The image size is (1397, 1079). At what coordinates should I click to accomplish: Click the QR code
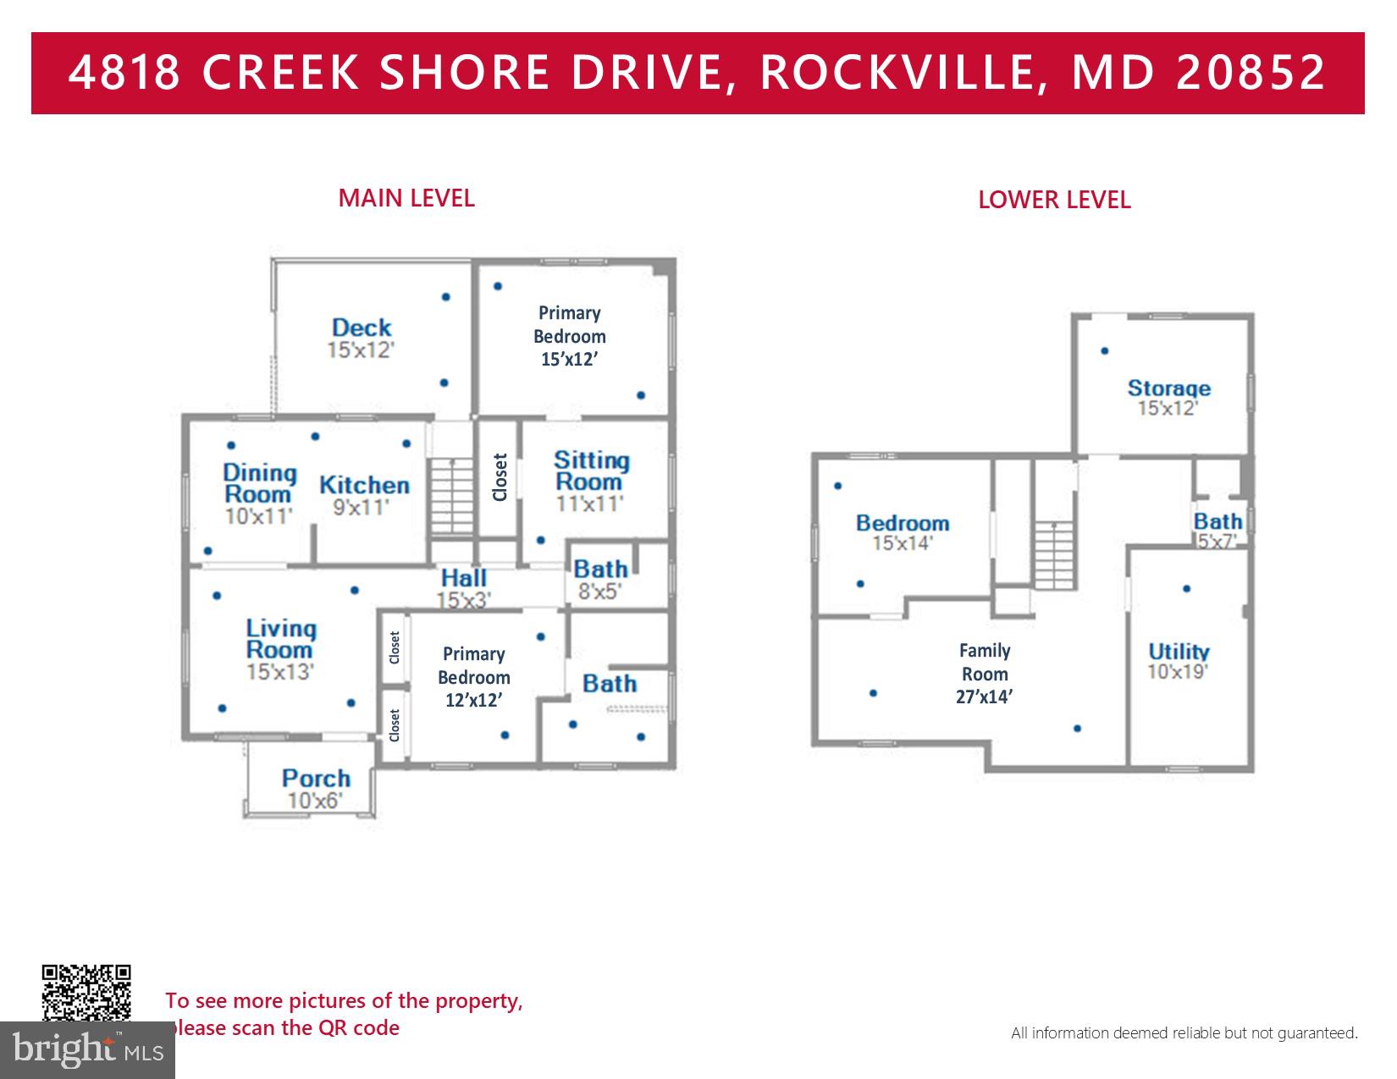[x=86, y=993]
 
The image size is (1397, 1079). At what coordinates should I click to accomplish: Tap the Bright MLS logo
[x=87, y=1050]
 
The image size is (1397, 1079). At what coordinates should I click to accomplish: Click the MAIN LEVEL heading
[x=406, y=198]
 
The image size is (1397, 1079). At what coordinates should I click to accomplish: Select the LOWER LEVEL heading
[x=1053, y=201]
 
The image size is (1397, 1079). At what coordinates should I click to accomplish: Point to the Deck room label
[x=362, y=337]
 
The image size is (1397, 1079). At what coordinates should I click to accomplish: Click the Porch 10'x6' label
[x=316, y=787]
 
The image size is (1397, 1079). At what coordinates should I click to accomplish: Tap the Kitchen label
[x=364, y=494]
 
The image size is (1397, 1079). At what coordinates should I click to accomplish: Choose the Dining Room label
[x=259, y=493]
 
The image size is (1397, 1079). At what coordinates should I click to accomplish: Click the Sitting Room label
[x=591, y=481]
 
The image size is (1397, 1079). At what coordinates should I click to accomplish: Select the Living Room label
[x=281, y=648]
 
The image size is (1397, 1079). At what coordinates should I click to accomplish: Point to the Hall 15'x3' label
[x=463, y=587]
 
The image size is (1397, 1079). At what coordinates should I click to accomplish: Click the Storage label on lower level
[x=1168, y=397]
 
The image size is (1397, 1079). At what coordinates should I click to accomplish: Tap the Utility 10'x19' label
[x=1178, y=660]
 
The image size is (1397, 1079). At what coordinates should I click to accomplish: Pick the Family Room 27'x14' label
[x=985, y=674]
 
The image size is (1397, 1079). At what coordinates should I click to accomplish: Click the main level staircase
[x=452, y=496]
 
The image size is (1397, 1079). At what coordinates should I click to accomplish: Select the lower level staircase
[x=1054, y=555]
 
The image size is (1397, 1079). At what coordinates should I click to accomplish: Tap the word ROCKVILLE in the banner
[x=898, y=73]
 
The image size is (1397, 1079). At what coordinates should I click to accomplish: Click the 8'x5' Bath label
[x=600, y=579]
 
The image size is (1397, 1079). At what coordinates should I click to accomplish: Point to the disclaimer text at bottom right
[x=1184, y=1032]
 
